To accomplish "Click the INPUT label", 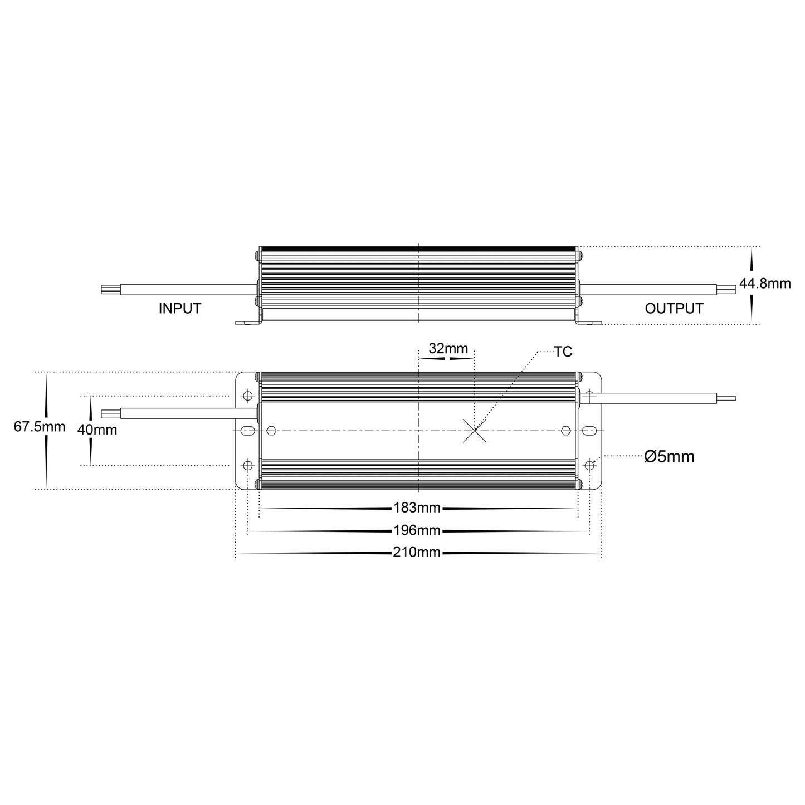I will pyautogui.click(x=179, y=308).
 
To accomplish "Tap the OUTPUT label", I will pyautogui.click(x=674, y=308).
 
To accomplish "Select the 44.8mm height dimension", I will pyautogui.click(x=764, y=284).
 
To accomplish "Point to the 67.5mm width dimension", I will pyautogui.click(x=39, y=427).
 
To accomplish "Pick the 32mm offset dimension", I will pyautogui.click(x=448, y=349).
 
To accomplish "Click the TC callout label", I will pyautogui.click(x=563, y=352).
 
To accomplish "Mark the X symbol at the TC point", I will pyautogui.click(x=474, y=431).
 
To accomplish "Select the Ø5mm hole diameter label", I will pyautogui.click(x=669, y=457).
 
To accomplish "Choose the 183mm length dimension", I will pyautogui.click(x=417, y=508).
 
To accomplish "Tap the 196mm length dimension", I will pyautogui.click(x=417, y=530).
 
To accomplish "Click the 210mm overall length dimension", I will pyautogui.click(x=417, y=553).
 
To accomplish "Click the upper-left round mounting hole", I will pyautogui.click(x=248, y=396).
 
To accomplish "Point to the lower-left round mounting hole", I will pyautogui.click(x=248, y=465).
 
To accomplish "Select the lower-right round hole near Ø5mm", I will pyautogui.click(x=589, y=465).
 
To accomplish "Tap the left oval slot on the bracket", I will pyautogui.click(x=248, y=431).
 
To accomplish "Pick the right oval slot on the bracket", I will pyautogui.click(x=589, y=431).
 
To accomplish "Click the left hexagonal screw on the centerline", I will pyautogui.click(x=271, y=431).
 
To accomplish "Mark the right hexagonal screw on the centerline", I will pyautogui.click(x=565, y=431).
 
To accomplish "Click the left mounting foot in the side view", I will pyautogui.click(x=248, y=322).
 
